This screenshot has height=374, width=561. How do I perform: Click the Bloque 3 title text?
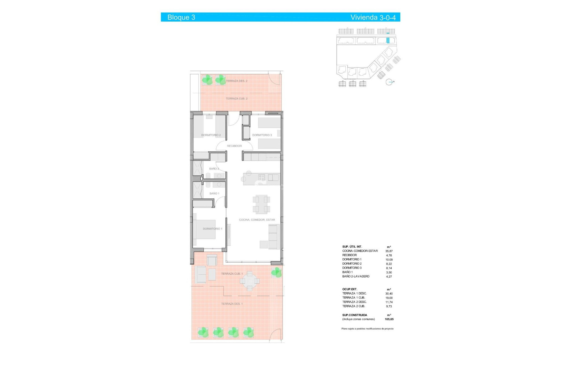tap(181, 17)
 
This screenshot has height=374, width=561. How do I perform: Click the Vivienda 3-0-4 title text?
tap(373, 17)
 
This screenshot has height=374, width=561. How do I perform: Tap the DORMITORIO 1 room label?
tap(212, 229)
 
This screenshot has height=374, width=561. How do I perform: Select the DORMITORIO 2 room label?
tap(211, 135)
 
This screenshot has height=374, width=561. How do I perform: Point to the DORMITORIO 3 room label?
tap(262, 135)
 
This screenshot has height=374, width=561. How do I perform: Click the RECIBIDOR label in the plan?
tap(234, 146)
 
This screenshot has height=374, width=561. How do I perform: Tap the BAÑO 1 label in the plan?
tap(214, 193)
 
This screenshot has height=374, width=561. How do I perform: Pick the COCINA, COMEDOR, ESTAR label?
tap(257, 220)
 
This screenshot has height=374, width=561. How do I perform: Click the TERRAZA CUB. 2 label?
tap(236, 98)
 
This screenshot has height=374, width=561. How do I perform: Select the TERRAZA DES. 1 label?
tap(232, 304)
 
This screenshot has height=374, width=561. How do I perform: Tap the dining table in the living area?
tap(261, 204)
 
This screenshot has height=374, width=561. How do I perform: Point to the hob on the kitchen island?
tap(262, 177)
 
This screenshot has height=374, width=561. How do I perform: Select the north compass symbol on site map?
tap(389, 82)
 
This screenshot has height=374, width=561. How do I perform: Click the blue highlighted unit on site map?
tap(388, 41)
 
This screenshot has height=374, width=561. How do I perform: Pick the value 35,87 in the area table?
tap(389, 251)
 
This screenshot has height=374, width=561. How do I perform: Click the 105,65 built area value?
tap(389, 319)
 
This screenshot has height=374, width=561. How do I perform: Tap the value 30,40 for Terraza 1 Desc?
tap(389, 294)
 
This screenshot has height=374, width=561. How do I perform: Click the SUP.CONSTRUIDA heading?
tap(354, 315)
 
